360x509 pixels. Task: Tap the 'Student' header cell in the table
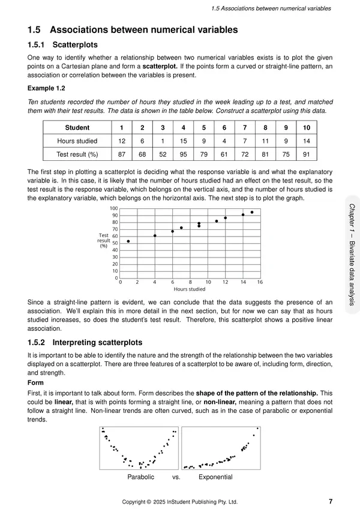click(x=77, y=128)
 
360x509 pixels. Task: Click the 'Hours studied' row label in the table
click(x=77, y=140)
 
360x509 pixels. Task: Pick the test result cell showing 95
click(x=183, y=154)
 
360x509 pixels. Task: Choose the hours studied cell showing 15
click(x=183, y=140)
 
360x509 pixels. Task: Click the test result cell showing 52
click(x=163, y=154)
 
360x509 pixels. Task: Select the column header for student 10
click(x=307, y=128)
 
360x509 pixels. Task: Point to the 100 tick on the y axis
click(x=114, y=208)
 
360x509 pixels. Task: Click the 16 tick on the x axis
click(x=260, y=282)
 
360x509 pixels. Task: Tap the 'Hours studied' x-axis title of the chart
click(x=190, y=289)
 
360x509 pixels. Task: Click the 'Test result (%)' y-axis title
click(x=103, y=240)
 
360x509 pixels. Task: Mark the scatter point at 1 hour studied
click(x=128, y=241)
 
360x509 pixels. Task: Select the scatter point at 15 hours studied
click(x=251, y=212)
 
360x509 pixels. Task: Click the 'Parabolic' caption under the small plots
click(x=141, y=477)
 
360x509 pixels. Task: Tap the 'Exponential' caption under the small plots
click(x=215, y=477)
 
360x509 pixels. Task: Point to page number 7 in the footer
click(x=331, y=501)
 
